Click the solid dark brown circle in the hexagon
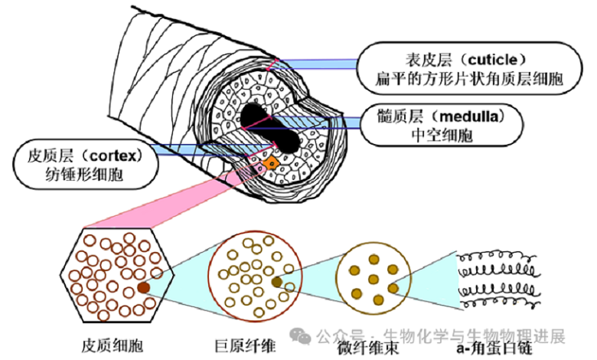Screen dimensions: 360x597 click(143, 288)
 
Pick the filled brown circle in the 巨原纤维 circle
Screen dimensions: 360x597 click(276, 283)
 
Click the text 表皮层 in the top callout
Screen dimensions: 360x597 click(427, 58)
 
